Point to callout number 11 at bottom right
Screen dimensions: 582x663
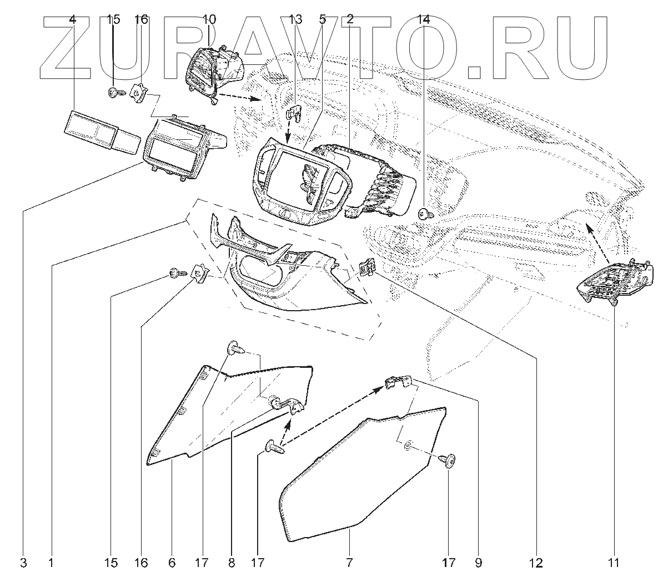coord(613,563)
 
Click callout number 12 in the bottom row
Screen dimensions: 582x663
coord(536,563)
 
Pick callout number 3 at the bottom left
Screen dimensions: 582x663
coord(23,563)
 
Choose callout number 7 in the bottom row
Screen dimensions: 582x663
coord(349,563)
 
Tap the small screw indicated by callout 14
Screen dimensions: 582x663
coord(425,213)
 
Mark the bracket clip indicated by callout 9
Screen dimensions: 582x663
coord(398,382)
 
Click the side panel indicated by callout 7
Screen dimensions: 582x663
coord(355,477)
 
